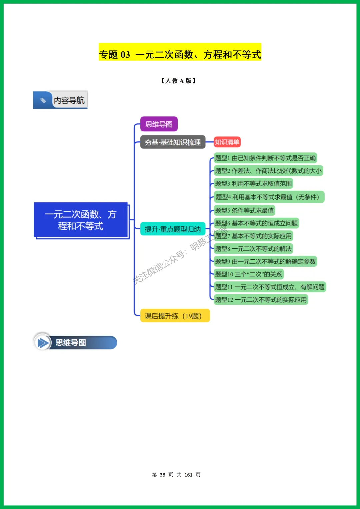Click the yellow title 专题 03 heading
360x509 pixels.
click(x=180, y=54)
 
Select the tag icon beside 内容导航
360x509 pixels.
click(x=43, y=100)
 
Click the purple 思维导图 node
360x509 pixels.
click(x=159, y=124)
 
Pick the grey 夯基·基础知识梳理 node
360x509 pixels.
click(x=172, y=142)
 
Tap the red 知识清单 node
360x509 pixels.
click(x=227, y=142)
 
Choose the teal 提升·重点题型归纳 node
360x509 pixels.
click(x=172, y=229)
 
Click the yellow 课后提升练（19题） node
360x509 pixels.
click(x=175, y=316)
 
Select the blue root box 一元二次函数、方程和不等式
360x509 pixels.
click(x=81, y=220)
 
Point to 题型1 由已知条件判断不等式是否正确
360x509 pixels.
click(x=265, y=158)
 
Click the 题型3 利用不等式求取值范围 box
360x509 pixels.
click(x=253, y=184)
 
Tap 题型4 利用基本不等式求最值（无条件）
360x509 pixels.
click(x=268, y=197)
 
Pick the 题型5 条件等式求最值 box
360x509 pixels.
click(x=244, y=210)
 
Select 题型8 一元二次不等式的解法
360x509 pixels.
click(x=253, y=249)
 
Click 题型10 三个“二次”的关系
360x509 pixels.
click(x=248, y=274)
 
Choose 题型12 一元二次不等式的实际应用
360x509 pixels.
click(x=260, y=300)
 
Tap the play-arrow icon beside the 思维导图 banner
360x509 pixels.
click(x=42, y=342)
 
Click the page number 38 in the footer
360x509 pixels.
click(x=162, y=475)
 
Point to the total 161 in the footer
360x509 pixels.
click(x=188, y=475)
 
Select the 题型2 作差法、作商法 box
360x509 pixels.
click(x=268, y=171)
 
